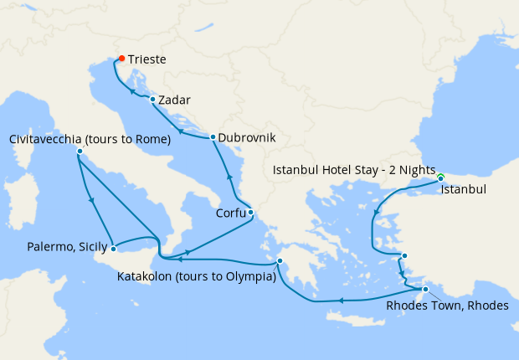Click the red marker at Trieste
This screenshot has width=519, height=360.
coord(121,59)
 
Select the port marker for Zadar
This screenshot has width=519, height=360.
coord(152,100)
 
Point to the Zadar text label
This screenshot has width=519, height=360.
coord(175,100)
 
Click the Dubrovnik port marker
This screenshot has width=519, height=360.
coord(213,137)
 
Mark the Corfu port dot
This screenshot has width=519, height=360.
coord(250,212)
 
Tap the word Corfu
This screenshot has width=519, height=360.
coord(230,213)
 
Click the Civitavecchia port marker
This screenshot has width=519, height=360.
coord(80,152)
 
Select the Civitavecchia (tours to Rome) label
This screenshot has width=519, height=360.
coord(90,138)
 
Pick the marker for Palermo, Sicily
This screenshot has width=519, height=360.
coord(113,249)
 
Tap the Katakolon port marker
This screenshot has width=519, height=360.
coord(280,261)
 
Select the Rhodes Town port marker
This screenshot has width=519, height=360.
coord(425,290)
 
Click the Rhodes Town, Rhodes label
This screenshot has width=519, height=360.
coord(447,306)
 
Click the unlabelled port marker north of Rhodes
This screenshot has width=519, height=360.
coord(404,256)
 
